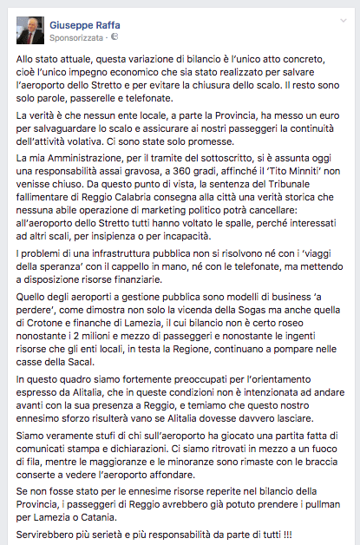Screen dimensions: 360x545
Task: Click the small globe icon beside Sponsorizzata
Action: click(114, 38)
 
